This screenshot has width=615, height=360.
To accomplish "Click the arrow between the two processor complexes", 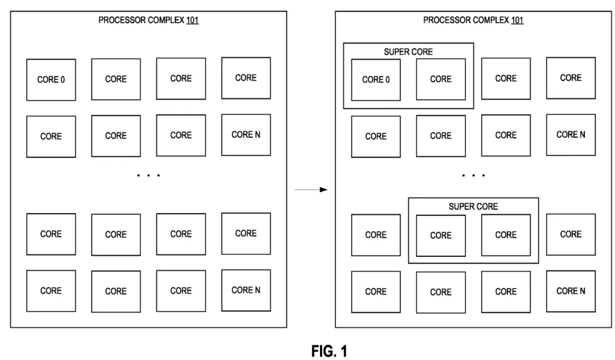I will pyautogui.click(x=311, y=190).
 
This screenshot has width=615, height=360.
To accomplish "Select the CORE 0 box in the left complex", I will pyautogui.click(x=51, y=80).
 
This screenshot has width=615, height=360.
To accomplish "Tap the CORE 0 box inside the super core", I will pyautogui.click(x=376, y=80).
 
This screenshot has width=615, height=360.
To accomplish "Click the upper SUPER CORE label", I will pyautogui.click(x=408, y=52).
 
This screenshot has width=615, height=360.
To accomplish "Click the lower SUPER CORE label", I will pyautogui.click(x=473, y=207).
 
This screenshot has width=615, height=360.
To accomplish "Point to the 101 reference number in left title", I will pyautogui.click(x=192, y=21).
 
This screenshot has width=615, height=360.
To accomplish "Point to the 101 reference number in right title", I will pyautogui.click(x=517, y=21).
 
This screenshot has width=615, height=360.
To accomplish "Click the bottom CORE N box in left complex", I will pyautogui.click(x=246, y=291).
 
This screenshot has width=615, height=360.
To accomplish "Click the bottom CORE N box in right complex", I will pyautogui.click(x=571, y=291).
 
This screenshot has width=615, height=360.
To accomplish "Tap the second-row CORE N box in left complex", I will pyautogui.click(x=246, y=135).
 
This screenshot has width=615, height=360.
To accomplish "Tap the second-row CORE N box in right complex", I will pyautogui.click(x=571, y=135).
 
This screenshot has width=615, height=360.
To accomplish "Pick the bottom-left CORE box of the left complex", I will pyautogui.click(x=51, y=291).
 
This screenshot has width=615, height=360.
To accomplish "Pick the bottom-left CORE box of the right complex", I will pyautogui.click(x=376, y=292).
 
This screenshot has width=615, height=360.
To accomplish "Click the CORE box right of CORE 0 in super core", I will pyautogui.click(x=441, y=79).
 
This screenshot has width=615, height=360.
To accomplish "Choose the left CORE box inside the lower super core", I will pyautogui.click(x=441, y=235).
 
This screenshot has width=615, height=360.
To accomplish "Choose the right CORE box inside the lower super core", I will pyautogui.click(x=506, y=235).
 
